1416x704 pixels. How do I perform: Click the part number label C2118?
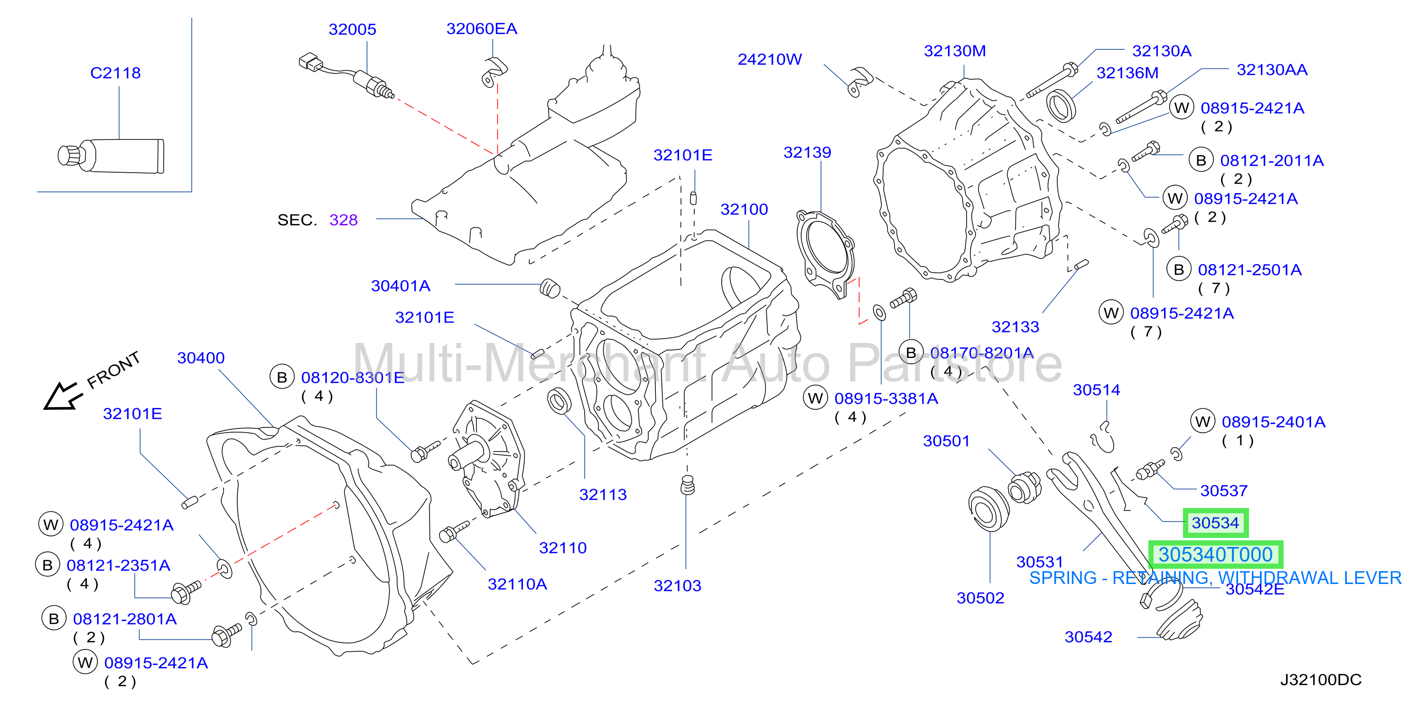coord(115,73)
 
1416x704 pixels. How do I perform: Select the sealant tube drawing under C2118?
coord(111,156)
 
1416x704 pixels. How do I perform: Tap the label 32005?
coord(353,30)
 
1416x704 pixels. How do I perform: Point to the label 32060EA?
coord(482,29)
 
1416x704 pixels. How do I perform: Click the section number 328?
coord(344,221)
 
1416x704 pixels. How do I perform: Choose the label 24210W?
coord(770,59)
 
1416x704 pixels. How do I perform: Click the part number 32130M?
coord(955,51)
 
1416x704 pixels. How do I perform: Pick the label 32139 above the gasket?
coord(807,153)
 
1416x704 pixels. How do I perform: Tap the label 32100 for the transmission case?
coord(744,209)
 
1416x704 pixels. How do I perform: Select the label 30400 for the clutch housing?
coord(201,358)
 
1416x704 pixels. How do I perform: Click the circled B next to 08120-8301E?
coord(282,378)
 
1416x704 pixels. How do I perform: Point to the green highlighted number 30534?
coord(1215,523)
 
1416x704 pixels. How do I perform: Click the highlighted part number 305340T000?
coord(1216,555)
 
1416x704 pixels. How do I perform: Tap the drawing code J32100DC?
coord(1321,680)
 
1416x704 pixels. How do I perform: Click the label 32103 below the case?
coord(677,586)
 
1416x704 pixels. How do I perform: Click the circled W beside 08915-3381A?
coord(816,398)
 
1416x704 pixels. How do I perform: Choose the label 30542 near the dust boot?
coord(1089,637)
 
